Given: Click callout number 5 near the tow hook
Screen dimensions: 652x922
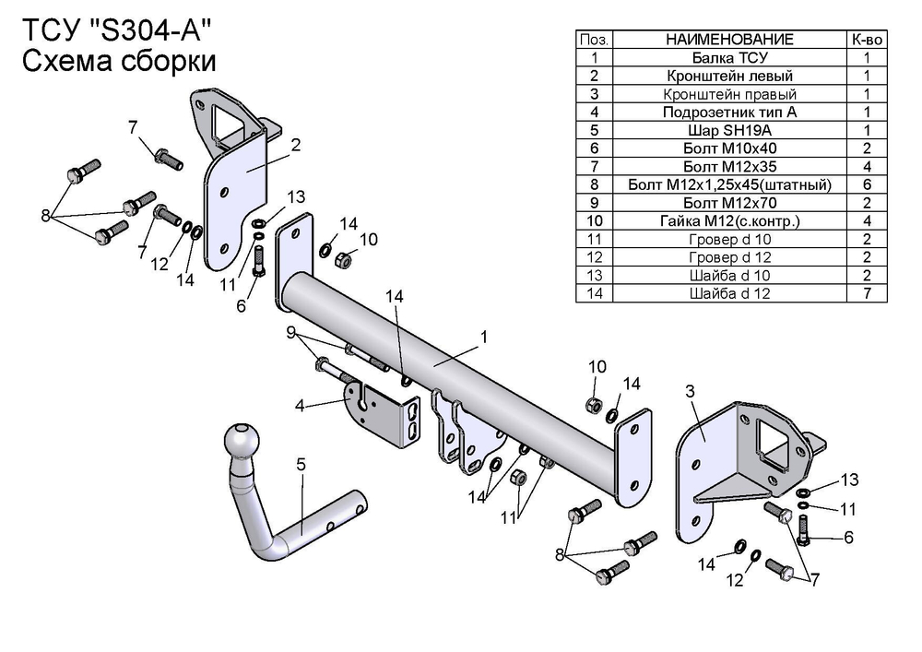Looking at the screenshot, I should coord(301,466).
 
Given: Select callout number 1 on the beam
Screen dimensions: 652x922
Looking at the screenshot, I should coord(482,338).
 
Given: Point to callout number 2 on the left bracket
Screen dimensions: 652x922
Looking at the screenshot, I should coord(296,145).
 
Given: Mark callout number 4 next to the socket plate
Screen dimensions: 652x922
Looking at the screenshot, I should coord(300,405).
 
